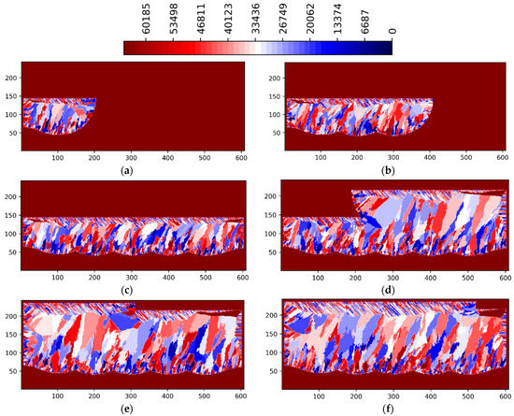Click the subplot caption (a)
(132, 172)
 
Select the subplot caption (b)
(393, 172)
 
